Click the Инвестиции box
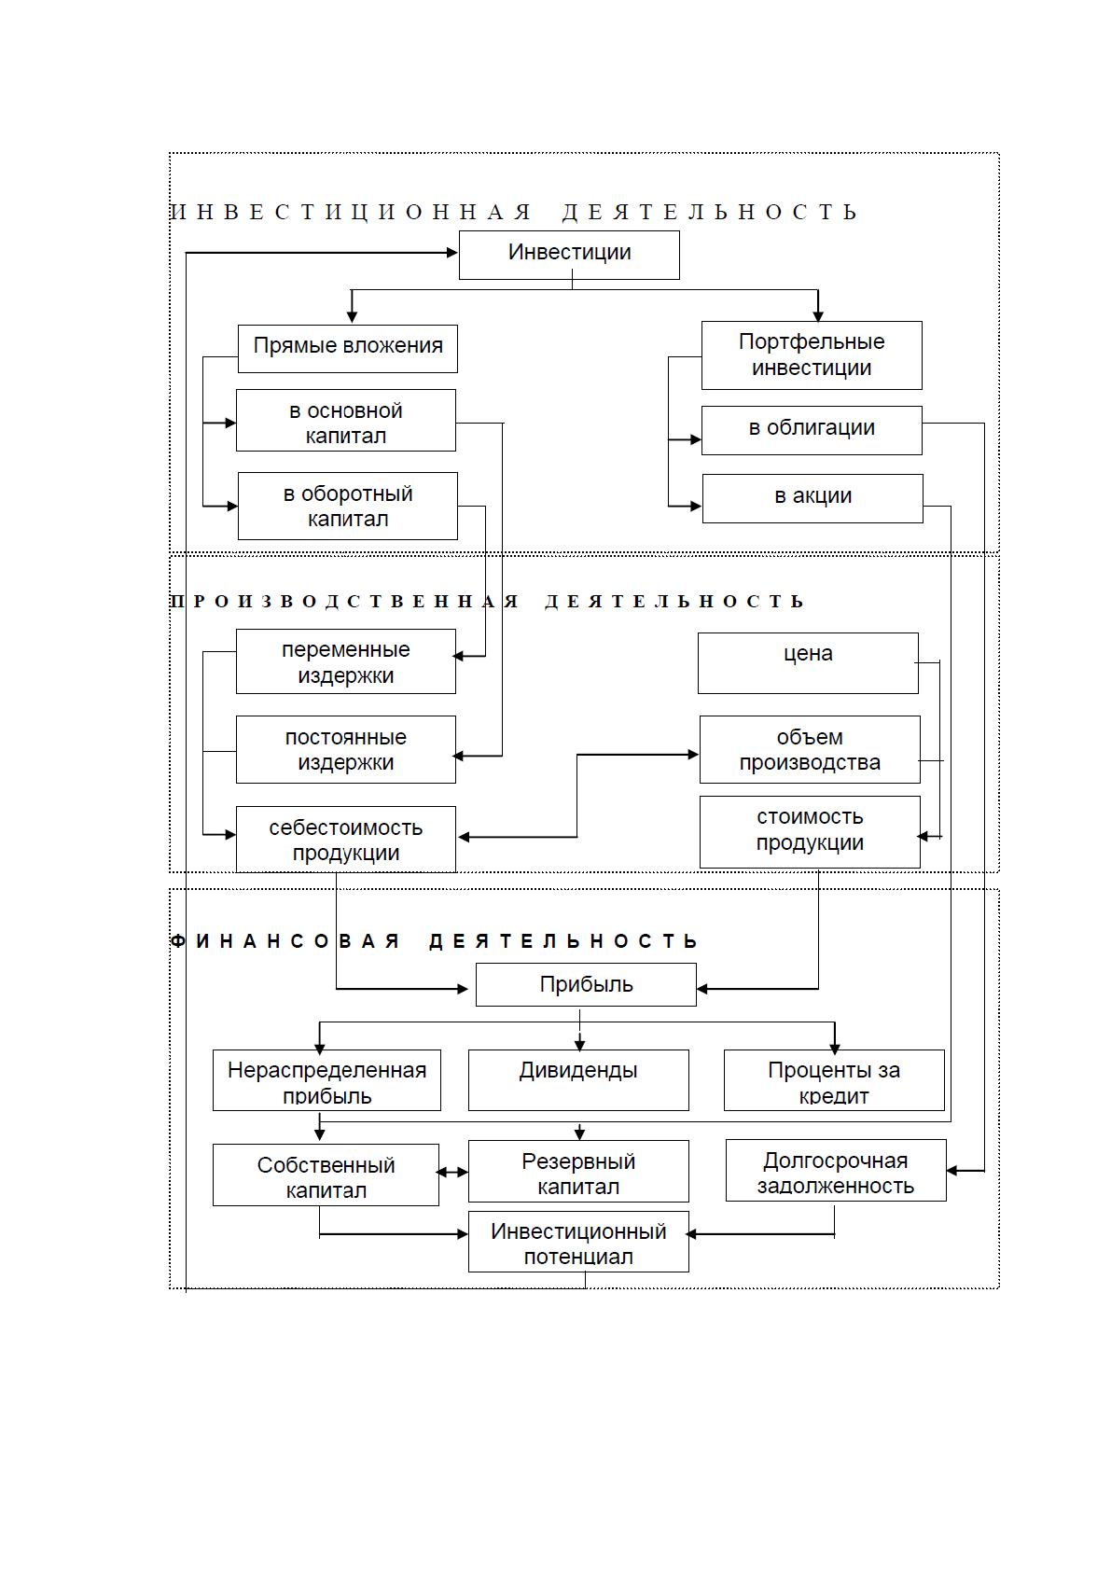[569, 255]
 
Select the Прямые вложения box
[347, 349]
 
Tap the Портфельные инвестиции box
[812, 355]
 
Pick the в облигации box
[812, 430]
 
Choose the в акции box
[812, 498]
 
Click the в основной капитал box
[346, 420]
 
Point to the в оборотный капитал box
[347, 506]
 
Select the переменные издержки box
[346, 661]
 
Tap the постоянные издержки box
[346, 749]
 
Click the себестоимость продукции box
[346, 840]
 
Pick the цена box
[808, 663]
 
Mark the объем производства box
[810, 749]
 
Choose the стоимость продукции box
[810, 832]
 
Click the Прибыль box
[586, 985]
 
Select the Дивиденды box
[578, 1080]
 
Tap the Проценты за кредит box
[834, 1080]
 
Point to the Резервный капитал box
[578, 1171]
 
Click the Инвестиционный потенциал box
[578, 1242]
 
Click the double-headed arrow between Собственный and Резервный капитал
[452, 1172]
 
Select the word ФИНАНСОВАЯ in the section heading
[285, 940]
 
